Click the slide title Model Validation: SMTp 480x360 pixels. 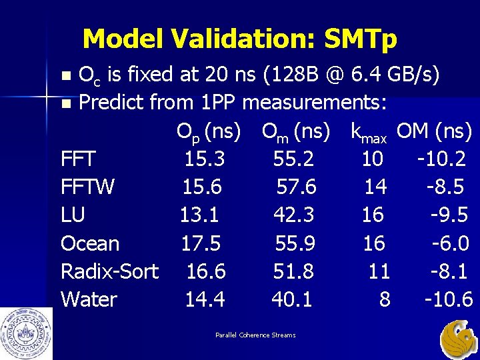coord(239,39)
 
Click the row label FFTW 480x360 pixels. coord(87,187)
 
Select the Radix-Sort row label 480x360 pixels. coord(109,271)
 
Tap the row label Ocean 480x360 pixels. coord(90,243)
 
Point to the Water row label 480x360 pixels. coord(89,299)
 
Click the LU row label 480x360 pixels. coord(73,215)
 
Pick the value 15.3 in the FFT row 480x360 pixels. coord(205,159)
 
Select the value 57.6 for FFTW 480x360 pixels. coord(297,187)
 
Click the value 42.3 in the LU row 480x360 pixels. coord(294,215)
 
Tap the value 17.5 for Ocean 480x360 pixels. coord(201,243)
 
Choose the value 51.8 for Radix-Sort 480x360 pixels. coord(294,271)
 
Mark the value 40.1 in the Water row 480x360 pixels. coord(292,299)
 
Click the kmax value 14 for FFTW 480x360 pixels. coord(375,187)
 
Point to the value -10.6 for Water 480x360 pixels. coord(449,299)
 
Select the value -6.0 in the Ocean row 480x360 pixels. coord(451,243)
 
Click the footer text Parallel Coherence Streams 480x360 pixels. coord(255,335)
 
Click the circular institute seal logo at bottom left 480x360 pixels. coord(26,333)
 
